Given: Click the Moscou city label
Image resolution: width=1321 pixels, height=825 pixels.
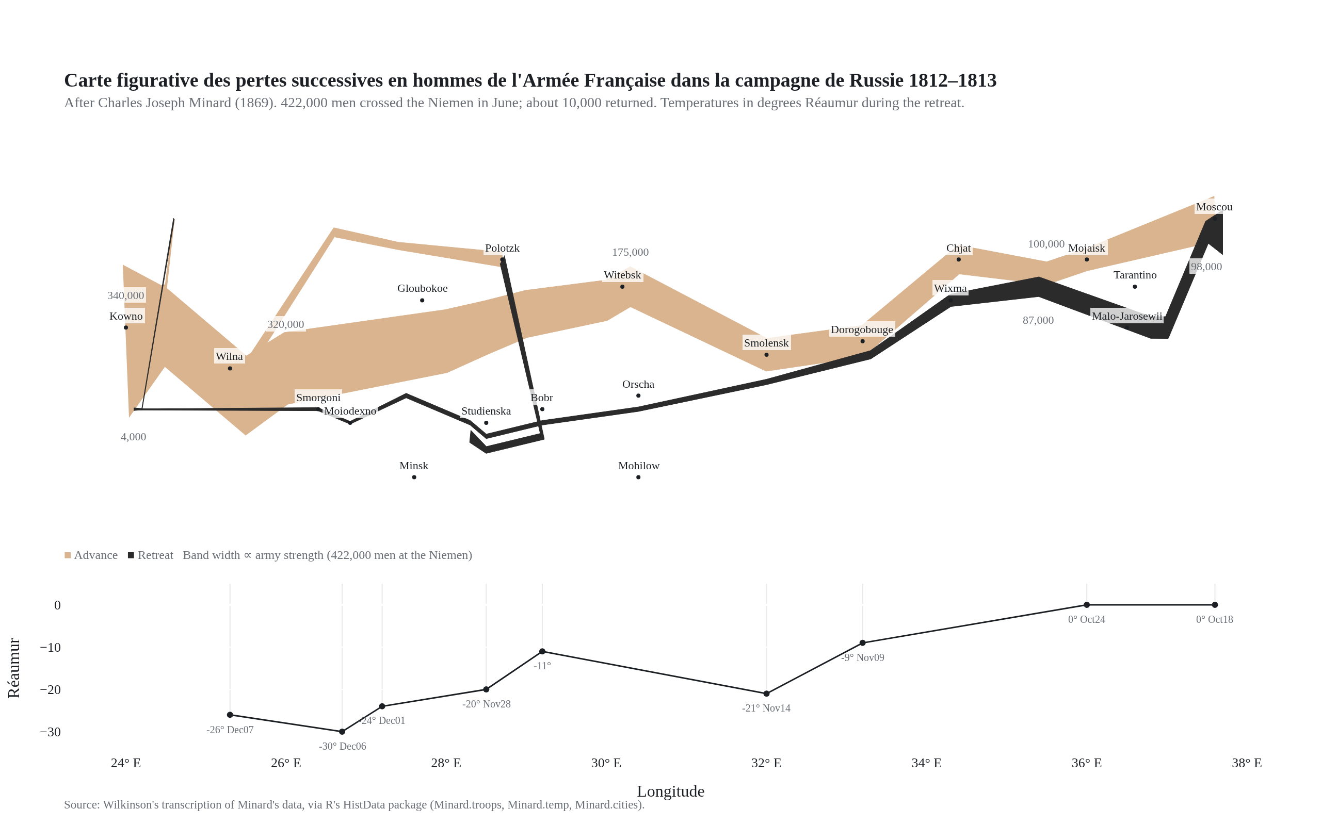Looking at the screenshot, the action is (1214, 207).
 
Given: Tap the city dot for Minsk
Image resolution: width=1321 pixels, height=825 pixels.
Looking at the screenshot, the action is (414, 477).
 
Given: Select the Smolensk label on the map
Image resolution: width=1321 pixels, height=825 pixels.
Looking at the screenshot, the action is (766, 343).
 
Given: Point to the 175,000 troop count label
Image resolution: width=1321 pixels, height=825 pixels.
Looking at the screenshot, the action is (630, 252).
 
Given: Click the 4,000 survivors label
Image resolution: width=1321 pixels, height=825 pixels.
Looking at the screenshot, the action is (133, 437).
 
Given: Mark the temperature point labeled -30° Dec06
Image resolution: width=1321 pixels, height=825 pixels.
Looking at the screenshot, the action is (342, 732).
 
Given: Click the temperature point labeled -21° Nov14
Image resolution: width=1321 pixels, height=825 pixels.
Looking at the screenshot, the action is (766, 694).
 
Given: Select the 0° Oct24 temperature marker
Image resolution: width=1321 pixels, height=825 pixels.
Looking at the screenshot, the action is (1086, 604).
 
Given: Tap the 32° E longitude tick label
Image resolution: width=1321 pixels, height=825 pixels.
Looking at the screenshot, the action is (766, 763).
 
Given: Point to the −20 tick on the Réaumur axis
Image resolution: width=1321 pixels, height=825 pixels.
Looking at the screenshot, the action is (50, 690).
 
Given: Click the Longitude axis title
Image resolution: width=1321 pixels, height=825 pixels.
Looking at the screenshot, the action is (670, 791).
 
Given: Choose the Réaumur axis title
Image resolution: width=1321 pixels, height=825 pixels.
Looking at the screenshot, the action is (13, 668).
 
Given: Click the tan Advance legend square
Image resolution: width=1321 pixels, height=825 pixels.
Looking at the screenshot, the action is (68, 555).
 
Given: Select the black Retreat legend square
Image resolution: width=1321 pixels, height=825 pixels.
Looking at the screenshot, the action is (131, 555).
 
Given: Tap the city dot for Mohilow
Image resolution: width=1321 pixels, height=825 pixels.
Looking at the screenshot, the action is (638, 477).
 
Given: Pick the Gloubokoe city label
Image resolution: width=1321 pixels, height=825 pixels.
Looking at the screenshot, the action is (422, 288).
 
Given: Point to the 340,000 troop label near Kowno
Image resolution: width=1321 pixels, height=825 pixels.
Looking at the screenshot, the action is (125, 295).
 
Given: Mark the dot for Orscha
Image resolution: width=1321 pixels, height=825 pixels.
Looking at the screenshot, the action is (638, 395).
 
